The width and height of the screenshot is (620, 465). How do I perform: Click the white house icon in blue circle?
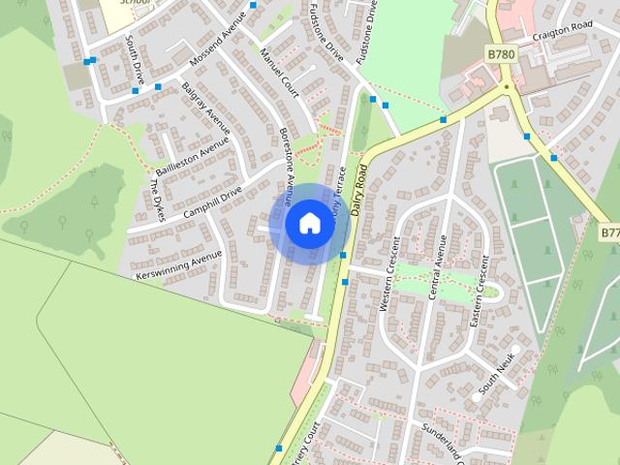click(x=308, y=223)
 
